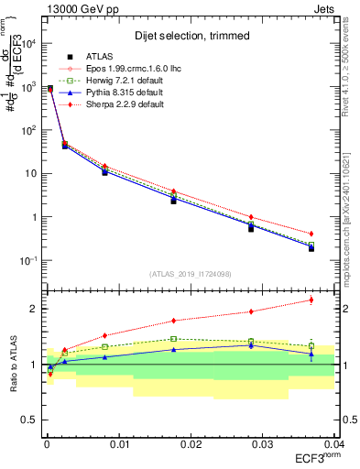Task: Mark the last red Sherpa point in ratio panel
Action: [311, 300]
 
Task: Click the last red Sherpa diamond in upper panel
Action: [311, 234]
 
